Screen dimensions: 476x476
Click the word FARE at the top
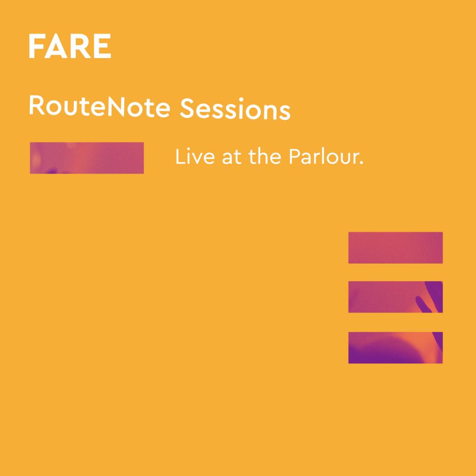[70, 46]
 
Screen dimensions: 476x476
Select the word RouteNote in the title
[100, 107]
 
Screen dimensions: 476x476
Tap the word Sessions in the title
[235, 110]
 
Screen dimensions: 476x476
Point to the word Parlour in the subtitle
[322, 158]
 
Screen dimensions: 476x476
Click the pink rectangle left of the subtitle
[86, 158]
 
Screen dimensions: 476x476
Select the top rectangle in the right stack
[395, 247]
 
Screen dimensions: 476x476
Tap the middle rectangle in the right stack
[395, 297]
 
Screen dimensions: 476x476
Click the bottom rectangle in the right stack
[395, 347]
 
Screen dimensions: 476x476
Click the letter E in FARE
[103, 46]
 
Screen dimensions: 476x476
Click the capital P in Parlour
[294, 158]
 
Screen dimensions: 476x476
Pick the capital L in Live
[179, 158]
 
